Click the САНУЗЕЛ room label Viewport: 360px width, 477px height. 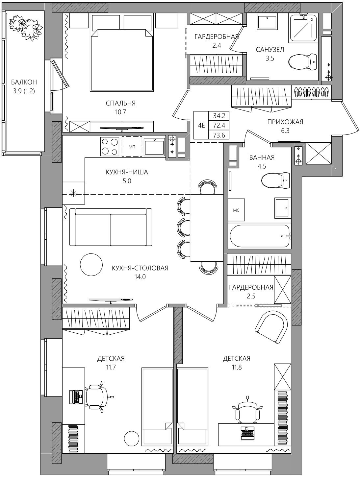point(270,50)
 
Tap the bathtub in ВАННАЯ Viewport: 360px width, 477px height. point(260,236)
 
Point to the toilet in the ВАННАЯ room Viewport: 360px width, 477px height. point(276,180)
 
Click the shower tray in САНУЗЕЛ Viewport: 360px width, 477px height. point(303,28)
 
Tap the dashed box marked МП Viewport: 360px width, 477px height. point(132,147)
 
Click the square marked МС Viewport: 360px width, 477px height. point(236,210)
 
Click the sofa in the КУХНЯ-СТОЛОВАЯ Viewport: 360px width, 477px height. point(111,227)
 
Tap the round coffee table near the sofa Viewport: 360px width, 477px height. point(91,264)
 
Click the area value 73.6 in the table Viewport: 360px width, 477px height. point(219,135)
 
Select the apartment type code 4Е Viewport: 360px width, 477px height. point(201,125)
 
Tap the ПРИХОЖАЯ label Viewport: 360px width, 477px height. point(285,122)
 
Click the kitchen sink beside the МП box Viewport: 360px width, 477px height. point(154,146)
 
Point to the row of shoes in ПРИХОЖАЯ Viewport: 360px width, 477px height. point(311,92)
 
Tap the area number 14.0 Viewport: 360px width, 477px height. point(140,277)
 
